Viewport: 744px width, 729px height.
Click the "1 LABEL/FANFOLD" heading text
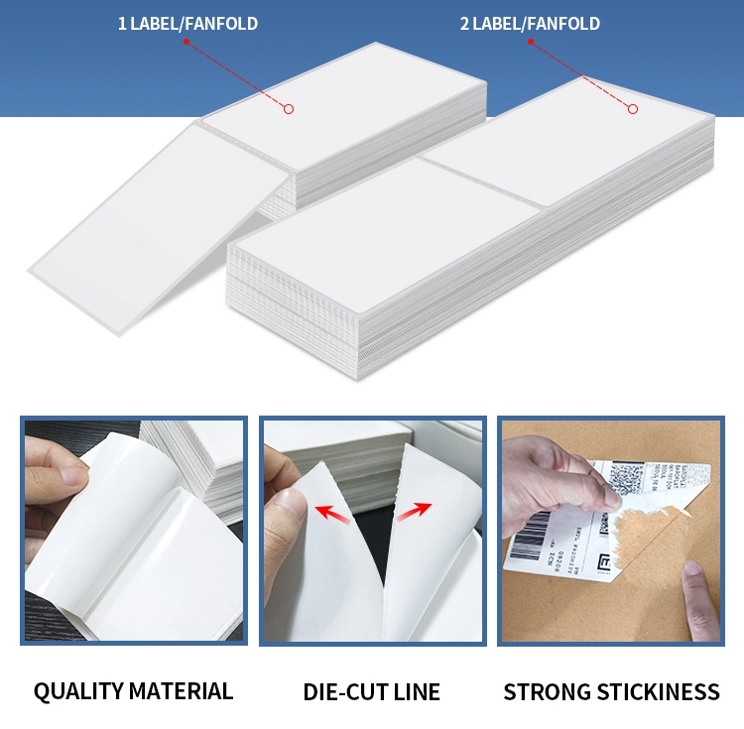click(187, 23)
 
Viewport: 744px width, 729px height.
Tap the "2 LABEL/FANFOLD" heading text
click(530, 23)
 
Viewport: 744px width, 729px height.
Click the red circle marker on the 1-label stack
click(289, 109)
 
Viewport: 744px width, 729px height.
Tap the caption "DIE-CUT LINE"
click(371, 691)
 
